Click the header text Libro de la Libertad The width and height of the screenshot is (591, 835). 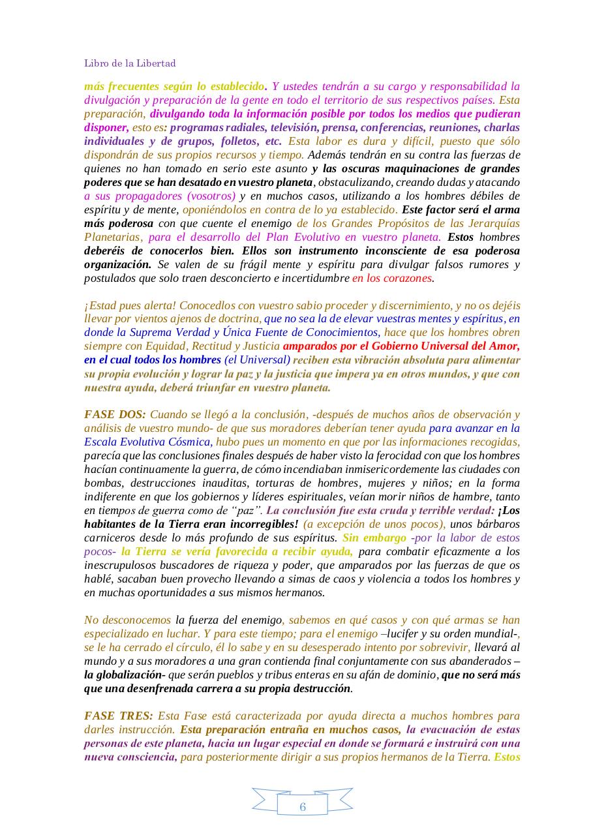[x=130, y=63]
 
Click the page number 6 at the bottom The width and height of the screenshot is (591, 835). [x=303, y=807]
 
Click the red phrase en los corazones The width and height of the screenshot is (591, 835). [x=393, y=278]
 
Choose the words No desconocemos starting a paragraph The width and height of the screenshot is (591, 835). [x=128, y=620]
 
